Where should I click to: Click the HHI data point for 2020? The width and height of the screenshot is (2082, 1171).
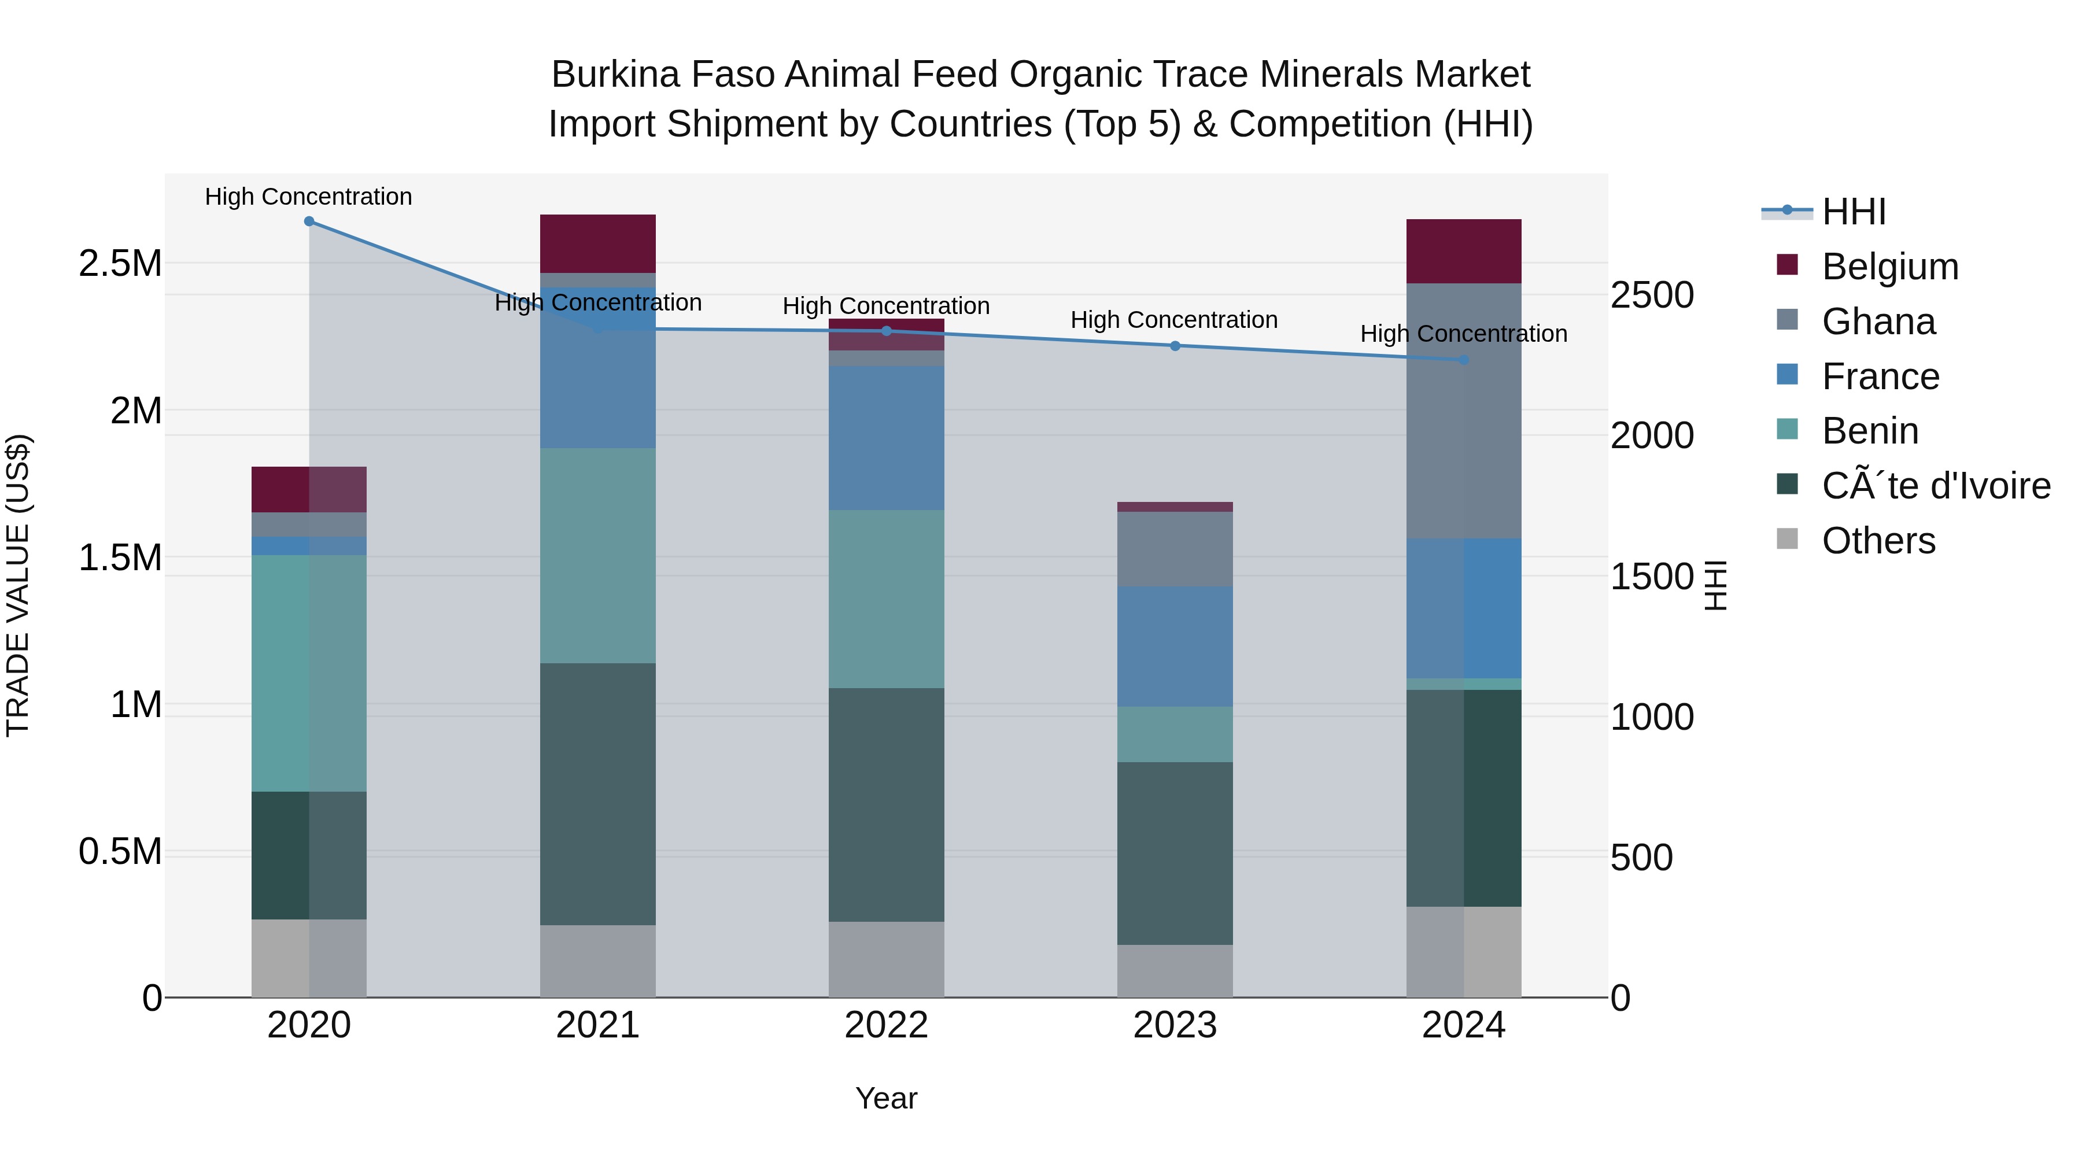coord(309,221)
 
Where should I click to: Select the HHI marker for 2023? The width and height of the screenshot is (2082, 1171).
coord(1175,346)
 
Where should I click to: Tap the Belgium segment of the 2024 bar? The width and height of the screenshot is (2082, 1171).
coord(1464,252)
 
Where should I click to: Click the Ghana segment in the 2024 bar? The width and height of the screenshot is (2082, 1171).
coord(1464,411)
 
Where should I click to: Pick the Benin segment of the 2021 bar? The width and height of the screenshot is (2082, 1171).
coord(597,556)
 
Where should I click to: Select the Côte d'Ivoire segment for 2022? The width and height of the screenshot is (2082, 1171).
coord(886,805)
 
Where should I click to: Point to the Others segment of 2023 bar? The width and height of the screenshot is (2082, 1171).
coord(1175,970)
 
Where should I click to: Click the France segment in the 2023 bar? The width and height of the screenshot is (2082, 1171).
coord(1175,647)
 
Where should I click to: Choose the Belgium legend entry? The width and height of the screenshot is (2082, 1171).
coord(1889,267)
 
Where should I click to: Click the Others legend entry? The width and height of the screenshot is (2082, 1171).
coord(1878,541)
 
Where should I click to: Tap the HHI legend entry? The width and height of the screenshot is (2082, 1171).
coord(1854,212)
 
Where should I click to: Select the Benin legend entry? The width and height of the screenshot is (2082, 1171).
coord(1869,431)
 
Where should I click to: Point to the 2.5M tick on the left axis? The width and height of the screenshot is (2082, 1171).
coord(120,264)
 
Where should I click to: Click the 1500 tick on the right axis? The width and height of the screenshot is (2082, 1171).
coord(1651,577)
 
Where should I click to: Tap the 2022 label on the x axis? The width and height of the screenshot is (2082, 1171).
coord(886,1025)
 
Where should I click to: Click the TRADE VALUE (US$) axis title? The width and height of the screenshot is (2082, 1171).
coord(18,585)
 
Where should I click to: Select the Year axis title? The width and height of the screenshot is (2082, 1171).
coord(886,1098)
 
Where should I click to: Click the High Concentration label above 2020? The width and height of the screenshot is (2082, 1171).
coord(309,197)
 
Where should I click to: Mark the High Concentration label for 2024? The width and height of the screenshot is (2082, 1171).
coord(1464,334)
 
